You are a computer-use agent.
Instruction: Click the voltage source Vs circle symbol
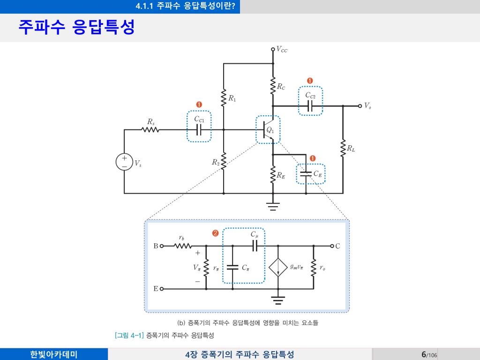point(124,162)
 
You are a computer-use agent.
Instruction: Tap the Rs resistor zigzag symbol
point(151,129)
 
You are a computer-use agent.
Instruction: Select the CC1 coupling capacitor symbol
point(199,130)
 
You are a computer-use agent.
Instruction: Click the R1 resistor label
point(232,98)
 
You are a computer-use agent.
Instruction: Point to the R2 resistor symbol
point(224,162)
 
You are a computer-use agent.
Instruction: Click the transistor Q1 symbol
point(267,130)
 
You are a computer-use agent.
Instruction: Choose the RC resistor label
point(281,86)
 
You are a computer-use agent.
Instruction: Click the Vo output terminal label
point(368,106)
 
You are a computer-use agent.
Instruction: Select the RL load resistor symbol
point(343,148)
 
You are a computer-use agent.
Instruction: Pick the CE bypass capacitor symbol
point(305,174)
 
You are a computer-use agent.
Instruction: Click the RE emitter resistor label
point(281,176)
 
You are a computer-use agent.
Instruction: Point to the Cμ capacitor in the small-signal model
point(255,246)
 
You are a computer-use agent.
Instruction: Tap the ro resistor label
point(322,268)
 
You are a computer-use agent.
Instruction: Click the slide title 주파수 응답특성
point(76,27)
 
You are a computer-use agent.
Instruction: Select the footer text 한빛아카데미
point(54,354)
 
